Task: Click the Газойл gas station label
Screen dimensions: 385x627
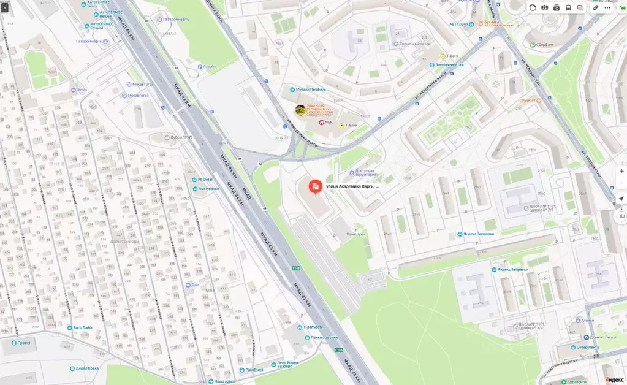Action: (x=209, y=67)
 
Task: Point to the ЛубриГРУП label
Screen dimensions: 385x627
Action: (x=181, y=137)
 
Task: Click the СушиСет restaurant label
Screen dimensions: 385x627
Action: (x=528, y=100)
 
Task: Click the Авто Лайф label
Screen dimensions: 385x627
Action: (x=82, y=327)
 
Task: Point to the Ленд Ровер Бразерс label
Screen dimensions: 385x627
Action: (x=289, y=364)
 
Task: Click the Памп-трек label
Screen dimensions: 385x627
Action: (x=356, y=234)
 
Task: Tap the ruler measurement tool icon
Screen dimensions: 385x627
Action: (x=595, y=8)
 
